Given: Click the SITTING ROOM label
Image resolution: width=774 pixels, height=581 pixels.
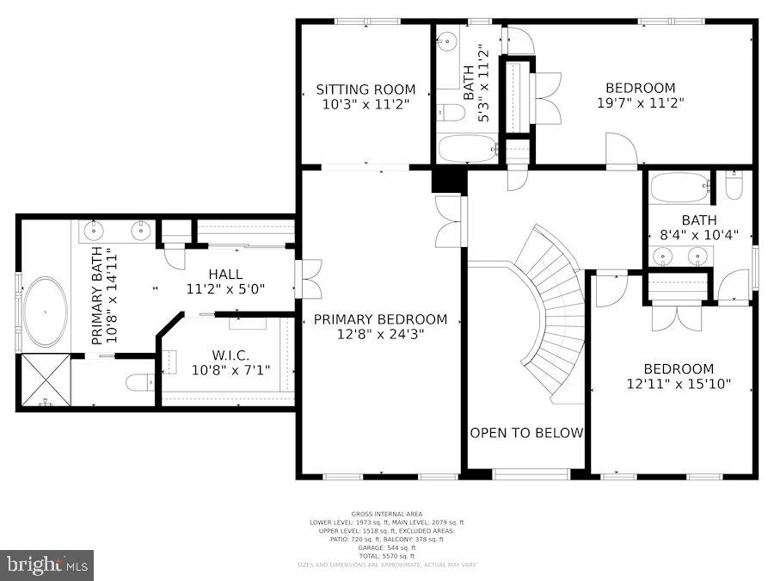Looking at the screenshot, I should [365, 90].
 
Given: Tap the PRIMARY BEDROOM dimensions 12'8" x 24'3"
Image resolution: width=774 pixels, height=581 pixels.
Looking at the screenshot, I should [380, 334].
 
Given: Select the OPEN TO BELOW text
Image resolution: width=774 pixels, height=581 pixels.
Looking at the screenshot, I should [526, 432].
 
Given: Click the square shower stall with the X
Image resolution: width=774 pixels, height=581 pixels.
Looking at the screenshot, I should [44, 380].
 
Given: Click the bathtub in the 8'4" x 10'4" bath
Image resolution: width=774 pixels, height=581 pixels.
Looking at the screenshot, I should [679, 187].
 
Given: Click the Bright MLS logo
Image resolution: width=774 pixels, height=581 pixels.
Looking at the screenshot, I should [47, 565].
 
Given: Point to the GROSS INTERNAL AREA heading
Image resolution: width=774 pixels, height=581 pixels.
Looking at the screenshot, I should [386, 514].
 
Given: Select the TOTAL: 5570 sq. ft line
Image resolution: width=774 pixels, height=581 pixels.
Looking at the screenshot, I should [386, 555].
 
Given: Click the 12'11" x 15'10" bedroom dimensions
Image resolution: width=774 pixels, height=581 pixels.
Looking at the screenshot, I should [679, 384].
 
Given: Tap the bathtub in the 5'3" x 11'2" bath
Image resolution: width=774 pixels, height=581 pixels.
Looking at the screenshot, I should [467, 149].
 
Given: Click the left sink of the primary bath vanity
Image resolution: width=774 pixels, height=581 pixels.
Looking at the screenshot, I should [95, 230].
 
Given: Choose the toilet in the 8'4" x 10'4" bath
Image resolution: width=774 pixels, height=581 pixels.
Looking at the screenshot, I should [734, 185].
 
